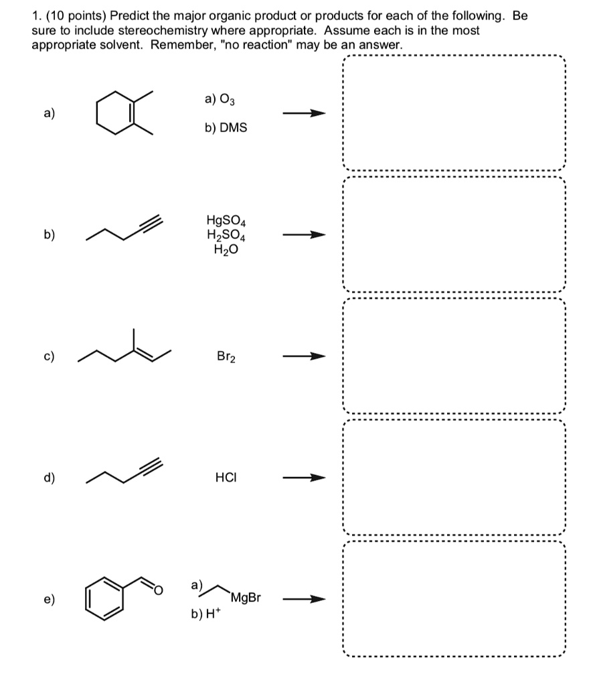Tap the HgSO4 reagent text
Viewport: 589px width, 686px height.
[226, 220]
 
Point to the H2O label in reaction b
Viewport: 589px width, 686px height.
[226, 249]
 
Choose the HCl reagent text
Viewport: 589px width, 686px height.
[226, 478]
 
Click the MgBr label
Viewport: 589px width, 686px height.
[245, 596]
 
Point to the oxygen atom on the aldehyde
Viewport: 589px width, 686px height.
[158, 590]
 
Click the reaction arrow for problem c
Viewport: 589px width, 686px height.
[303, 356]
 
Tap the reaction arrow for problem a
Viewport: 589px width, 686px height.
[303, 113]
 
